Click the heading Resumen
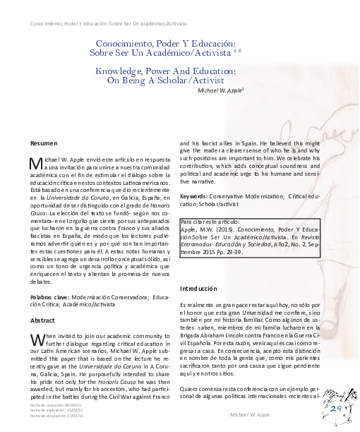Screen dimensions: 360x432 (x=43, y=143)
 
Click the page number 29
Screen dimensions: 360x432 (x=335, y=409)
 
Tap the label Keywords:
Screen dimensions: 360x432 (x=194, y=195)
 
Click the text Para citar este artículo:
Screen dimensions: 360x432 (x=212, y=222)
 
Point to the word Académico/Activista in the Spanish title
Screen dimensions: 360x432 (x=191, y=52)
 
